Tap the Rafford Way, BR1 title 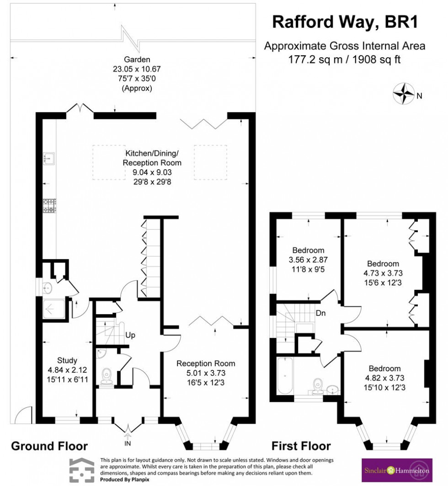point(345,21)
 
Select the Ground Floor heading point(49,446)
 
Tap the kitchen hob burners point(49,205)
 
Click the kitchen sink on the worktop point(49,158)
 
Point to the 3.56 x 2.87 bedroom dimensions point(309,259)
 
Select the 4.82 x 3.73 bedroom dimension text point(384,378)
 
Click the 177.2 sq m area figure point(307,59)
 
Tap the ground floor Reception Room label point(206,363)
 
